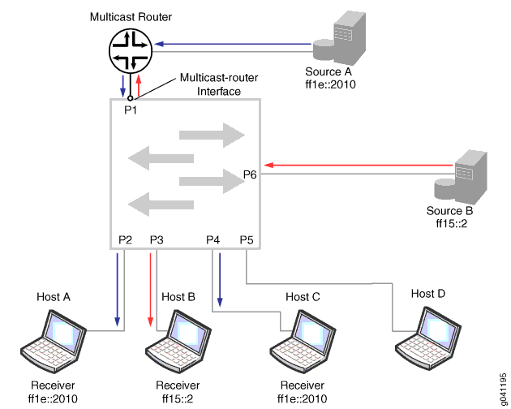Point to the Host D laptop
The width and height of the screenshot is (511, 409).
(426, 334)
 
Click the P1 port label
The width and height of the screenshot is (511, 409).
(131, 110)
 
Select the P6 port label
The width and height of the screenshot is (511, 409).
(251, 173)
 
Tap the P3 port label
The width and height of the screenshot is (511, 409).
(157, 240)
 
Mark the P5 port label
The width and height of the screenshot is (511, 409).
(247, 240)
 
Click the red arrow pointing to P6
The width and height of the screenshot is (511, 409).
(358, 166)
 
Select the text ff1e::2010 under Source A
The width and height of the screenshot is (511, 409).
(331, 83)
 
